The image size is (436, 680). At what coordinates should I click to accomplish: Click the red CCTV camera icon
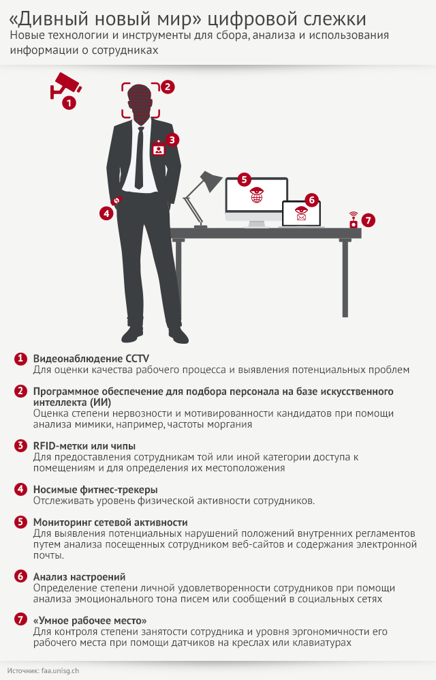[x=64, y=84]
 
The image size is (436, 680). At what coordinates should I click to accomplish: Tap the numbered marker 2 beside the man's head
[x=168, y=87]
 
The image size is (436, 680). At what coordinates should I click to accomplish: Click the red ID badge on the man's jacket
[x=159, y=148]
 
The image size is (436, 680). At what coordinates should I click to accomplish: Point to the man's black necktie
[x=140, y=158]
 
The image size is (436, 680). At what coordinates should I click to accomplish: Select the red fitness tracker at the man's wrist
[x=117, y=201]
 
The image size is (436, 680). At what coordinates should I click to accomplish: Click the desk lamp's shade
[x=211, y=181]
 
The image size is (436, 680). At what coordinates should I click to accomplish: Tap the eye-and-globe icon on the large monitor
[x=257, y=195]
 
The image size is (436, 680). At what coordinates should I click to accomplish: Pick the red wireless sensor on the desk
[x=354, y=220]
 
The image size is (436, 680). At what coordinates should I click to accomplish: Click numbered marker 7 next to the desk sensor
[x=368, y=220]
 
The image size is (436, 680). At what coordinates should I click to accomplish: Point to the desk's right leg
[x=345, y=278]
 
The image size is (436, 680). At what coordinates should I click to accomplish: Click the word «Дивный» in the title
[x=54, y=18]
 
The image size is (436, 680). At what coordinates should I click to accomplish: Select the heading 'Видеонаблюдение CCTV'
[x=91, y=359]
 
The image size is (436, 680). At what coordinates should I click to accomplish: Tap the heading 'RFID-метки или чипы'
[x=84, y=446]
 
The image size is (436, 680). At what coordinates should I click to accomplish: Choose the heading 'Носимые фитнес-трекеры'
[x=95, y=490]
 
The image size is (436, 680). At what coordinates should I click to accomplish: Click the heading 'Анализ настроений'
[x=80, y=577]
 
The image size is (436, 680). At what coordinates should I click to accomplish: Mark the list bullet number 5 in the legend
[x=20, y=522]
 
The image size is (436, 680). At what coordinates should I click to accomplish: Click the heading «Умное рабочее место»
[x=90, y=621]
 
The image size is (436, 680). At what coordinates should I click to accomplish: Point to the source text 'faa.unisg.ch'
[x=60, y=670]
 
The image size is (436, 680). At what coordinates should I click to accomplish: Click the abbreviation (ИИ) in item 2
[x=100, y=402]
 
